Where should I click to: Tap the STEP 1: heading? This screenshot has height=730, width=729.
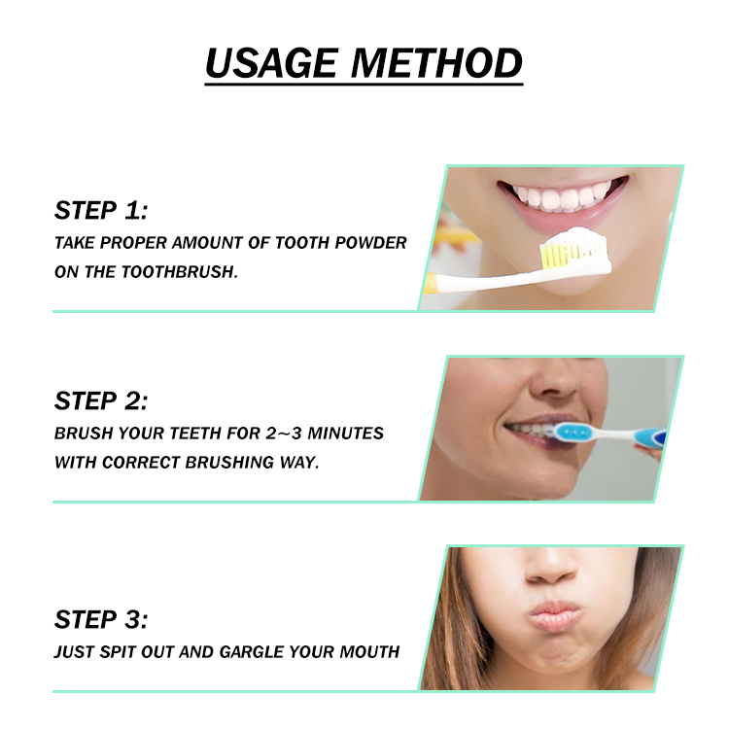pyautogui.click(x=101, y=211)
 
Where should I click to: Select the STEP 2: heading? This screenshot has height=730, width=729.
pyautogui.click(x=101, y=400)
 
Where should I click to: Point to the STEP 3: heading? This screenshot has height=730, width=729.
pyautogui.click(x=101, y=619)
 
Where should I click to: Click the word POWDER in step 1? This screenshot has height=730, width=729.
pyautogui.click(x=370, y=242)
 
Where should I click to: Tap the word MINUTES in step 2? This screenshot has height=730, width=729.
pyautogui.click(x=347, y=433)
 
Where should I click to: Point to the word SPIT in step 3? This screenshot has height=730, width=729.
pyautogui.click(x=123, y=651)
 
